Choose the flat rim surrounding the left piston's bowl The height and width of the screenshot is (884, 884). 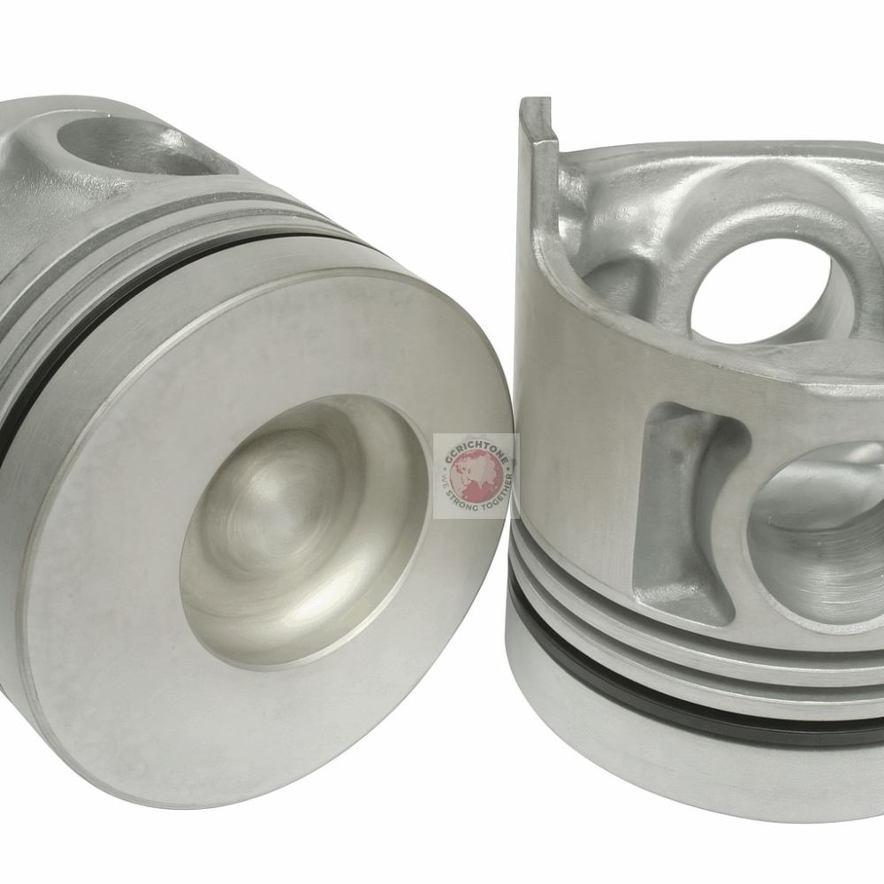(x=133, y=619)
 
